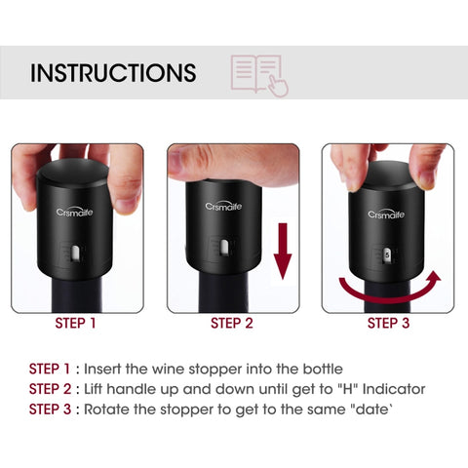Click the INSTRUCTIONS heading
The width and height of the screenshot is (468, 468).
point(112,73)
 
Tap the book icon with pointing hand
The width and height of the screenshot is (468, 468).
point(258,74)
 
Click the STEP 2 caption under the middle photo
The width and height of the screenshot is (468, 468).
point(233,324)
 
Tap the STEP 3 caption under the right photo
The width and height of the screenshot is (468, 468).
point(388,324)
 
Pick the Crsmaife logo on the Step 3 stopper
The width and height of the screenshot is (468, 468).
point(386,214)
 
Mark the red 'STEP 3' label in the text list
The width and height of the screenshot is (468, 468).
point(51,409)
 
